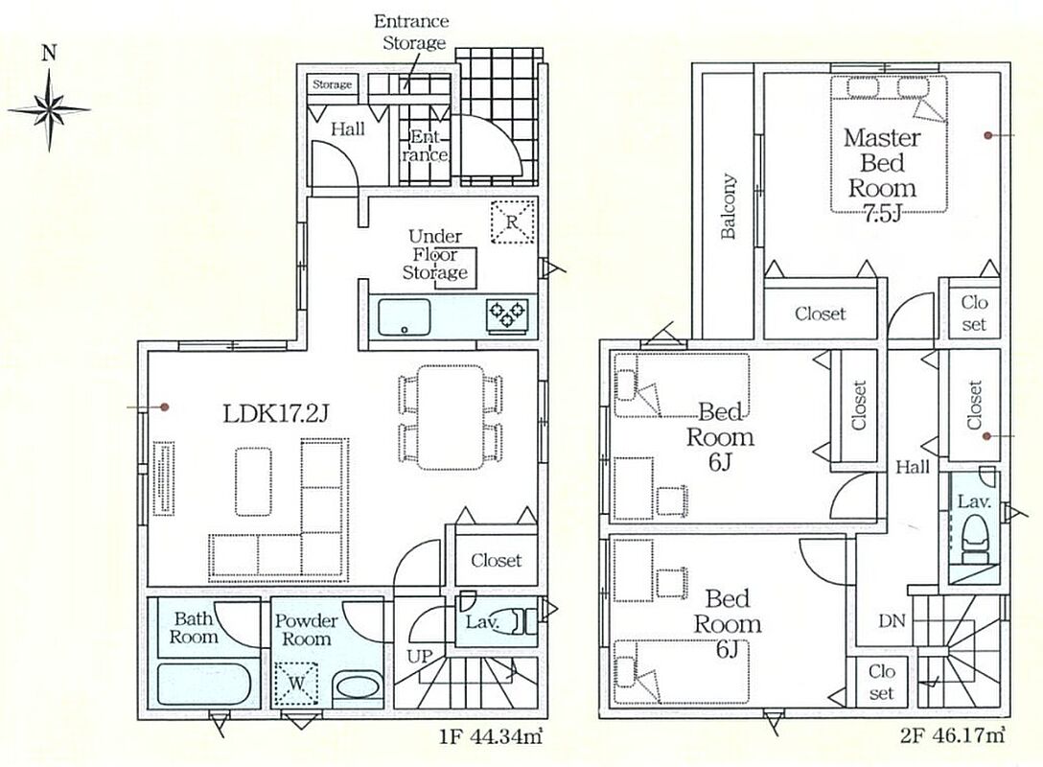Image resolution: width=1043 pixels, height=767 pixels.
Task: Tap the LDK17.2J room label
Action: click(276, 414)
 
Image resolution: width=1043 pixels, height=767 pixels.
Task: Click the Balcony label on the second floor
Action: click(729, 206)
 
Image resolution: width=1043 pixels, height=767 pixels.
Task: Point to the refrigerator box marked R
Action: click(512, 221)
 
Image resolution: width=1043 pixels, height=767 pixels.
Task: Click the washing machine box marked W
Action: click(296, 684)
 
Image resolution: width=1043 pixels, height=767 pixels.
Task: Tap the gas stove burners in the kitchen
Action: click(507, 314)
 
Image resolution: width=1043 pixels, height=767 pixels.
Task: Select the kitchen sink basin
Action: click(404, 317)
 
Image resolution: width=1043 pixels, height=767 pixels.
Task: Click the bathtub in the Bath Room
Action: click(203, 684)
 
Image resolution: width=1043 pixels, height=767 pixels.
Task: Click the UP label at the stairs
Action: click(420, 657)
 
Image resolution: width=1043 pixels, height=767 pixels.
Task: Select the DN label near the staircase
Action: click(892, 621)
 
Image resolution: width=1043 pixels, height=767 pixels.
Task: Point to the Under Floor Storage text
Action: click(435, 254)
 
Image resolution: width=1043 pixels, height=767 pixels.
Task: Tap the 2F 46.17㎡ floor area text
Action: click(953, 736)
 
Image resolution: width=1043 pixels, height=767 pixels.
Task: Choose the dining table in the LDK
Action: click(450, 417)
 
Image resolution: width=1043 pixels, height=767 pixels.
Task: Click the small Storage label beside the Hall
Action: click(332, 84)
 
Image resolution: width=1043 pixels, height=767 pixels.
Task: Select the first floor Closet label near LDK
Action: click(497, 561)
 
